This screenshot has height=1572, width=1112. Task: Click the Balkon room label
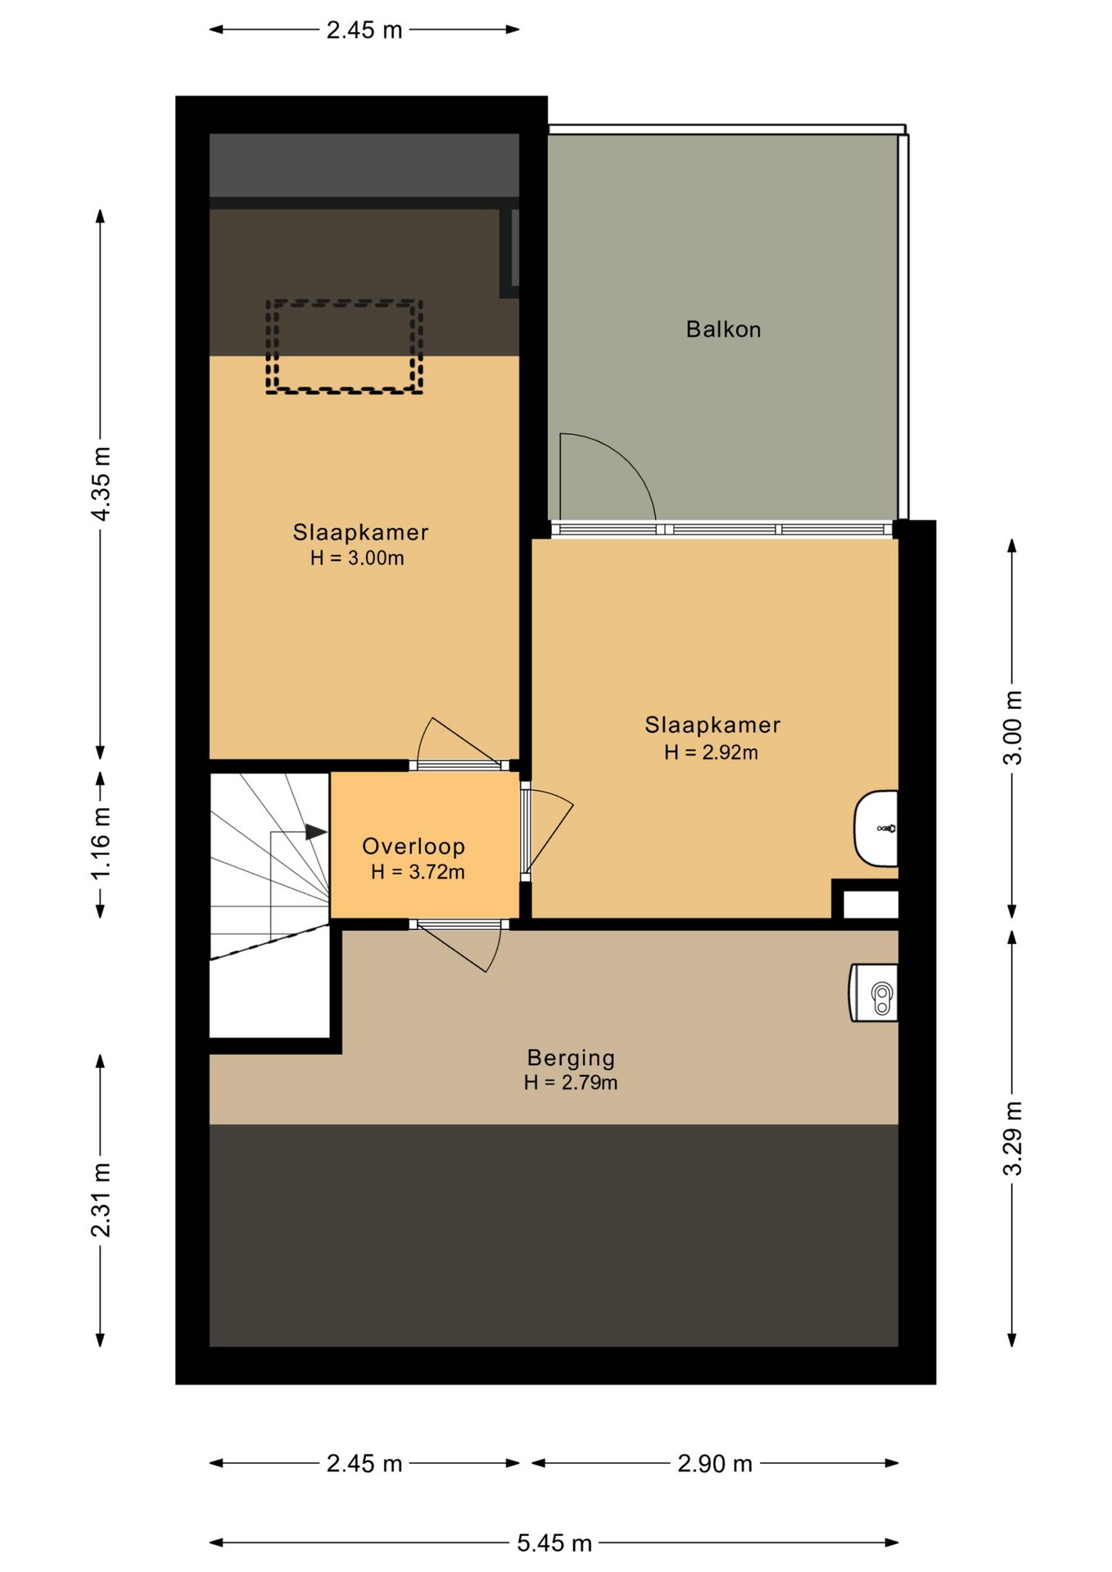click(723, 329)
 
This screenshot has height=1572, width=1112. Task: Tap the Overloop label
click(414, 847)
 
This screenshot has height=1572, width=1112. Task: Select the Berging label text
click(571, 1059)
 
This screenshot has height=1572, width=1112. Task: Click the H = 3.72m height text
click(418, 872)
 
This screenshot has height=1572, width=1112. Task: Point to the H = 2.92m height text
click(711, 752)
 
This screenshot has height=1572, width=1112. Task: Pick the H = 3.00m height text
click(357, 558)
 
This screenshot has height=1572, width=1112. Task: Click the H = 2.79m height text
click(571, 1082)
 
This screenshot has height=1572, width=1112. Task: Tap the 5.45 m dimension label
click(554, 1543)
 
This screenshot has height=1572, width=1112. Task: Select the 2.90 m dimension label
click(715, 1463)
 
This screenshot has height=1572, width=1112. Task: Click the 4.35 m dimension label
click(101, 484)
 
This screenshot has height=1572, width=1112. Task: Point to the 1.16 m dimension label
click(101, 843)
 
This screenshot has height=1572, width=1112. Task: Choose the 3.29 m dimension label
click(1013, 1139)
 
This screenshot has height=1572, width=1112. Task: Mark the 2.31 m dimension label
click(101, 1200)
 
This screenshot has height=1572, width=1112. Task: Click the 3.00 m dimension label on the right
click(1013, 728)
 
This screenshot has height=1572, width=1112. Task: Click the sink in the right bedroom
click(876, 829)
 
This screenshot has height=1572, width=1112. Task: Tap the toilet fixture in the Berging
click(874, 992)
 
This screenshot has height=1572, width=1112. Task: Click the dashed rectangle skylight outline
click(344, 302)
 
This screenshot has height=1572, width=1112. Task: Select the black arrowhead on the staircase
click(317, 832)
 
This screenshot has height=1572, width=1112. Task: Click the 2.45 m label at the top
click(364, 30)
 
